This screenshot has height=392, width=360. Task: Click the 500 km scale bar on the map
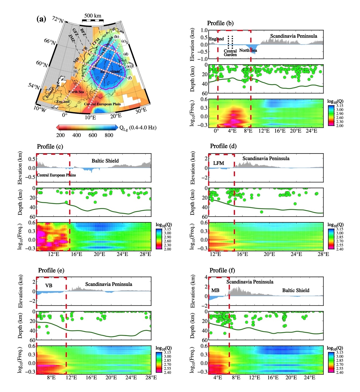tap(93, 20)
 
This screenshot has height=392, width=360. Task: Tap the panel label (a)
tap(41, 19)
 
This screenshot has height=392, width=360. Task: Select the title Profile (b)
tap(220, 23)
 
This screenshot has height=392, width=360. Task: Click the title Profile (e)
tap(51, 270)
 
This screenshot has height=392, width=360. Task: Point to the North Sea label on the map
tap(76, 92)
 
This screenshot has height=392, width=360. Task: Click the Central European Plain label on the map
tap(102, 104)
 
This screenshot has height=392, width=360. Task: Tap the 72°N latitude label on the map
tap(58, 20)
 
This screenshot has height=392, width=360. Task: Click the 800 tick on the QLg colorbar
tap(109, 135)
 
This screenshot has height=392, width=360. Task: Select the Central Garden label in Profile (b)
tap(230, 53)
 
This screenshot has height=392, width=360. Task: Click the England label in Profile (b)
tap(216, 39)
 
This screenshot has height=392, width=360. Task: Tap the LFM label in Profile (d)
tap(218, 163)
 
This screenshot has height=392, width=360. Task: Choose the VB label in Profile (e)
tap(49, 286)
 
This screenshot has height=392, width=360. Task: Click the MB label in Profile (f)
tap(215, 290)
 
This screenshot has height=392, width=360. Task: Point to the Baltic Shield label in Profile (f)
tap(296, 290)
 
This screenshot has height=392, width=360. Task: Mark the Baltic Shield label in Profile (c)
tap(105, 161)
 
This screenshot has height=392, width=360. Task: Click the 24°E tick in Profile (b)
tap(311, 131)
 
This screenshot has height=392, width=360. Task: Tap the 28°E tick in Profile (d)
tap(323, 254)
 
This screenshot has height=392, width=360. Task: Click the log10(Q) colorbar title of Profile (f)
tap(335, 348)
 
